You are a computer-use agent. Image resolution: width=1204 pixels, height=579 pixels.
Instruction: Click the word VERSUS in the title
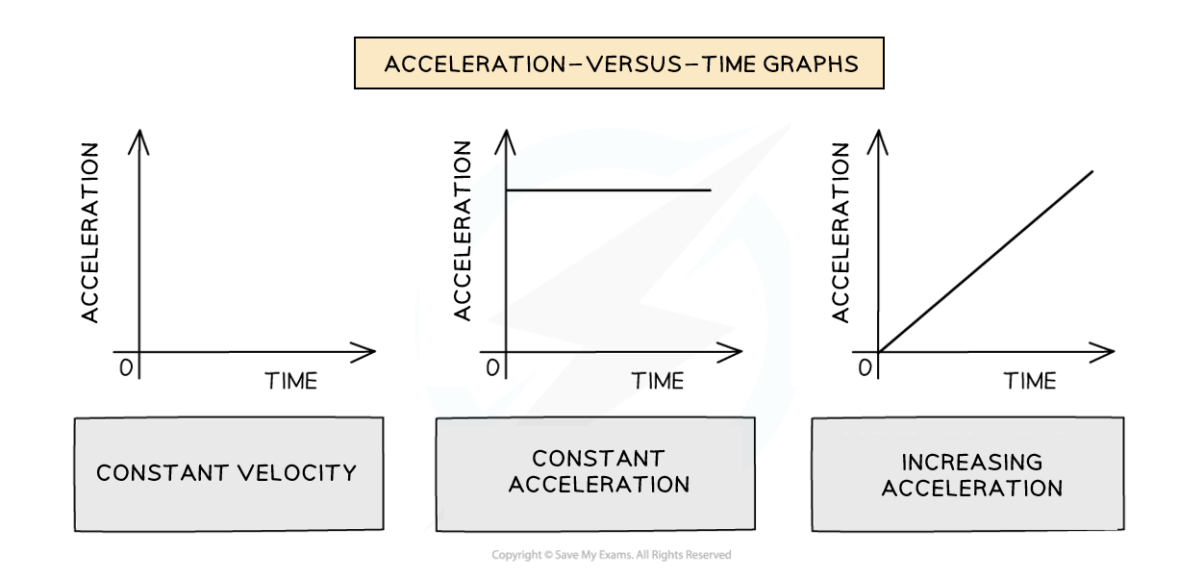click(634, 64)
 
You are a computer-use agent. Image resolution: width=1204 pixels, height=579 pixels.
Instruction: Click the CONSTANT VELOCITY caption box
click(229, 473)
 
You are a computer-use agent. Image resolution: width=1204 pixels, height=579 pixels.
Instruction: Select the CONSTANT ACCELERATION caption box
click(595, 473)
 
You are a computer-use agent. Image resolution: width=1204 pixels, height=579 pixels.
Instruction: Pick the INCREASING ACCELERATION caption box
click(967, 473)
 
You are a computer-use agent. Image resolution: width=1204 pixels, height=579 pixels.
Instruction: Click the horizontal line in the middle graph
click(609, 189)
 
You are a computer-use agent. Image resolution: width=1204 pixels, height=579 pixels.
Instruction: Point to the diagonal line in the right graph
click(986, 262)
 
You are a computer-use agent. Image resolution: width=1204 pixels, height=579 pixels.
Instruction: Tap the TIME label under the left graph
click(290, 381)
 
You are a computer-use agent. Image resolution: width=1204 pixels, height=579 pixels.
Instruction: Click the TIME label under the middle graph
click(658, 381)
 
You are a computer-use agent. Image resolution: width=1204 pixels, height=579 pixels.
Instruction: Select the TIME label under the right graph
click(1030, 381)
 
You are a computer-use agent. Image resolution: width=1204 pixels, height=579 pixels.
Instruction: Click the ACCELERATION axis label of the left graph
click(89, 233)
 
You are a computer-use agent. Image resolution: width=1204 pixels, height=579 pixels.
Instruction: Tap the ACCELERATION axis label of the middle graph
click(463, 231)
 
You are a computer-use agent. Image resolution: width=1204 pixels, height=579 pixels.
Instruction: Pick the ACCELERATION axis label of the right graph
click(840, 233)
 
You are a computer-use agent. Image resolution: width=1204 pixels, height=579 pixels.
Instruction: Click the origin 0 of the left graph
click(126, 368)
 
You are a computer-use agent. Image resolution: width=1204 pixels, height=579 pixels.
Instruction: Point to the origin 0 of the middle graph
click(492, 368)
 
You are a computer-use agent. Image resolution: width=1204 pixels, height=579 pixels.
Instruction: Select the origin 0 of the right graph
click(865, 368)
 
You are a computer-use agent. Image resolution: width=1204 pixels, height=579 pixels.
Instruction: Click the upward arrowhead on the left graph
click(139, 140)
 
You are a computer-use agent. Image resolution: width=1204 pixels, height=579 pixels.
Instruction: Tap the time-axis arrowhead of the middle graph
click(731, 352)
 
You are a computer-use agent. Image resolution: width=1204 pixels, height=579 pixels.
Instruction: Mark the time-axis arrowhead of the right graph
click(1103, 352)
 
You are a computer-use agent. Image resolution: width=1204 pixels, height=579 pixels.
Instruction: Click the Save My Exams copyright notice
click(612, 555)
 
